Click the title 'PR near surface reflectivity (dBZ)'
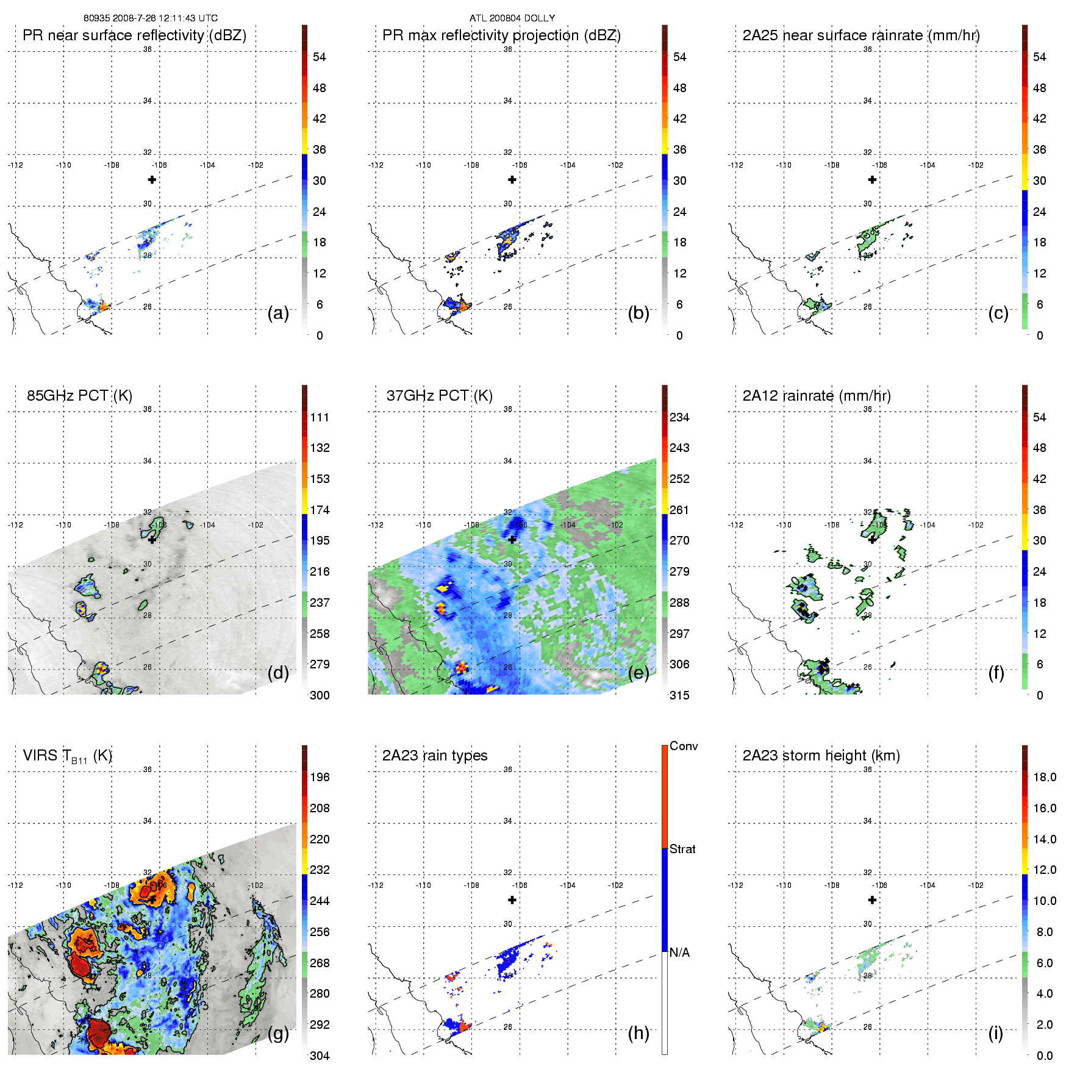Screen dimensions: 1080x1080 pyautogui.click(x=134, y=35)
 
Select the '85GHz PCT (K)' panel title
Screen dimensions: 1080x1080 pyautogui.click(x=79, y=396)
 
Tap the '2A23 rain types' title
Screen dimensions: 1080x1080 pyautogui.click(x=434, y=756)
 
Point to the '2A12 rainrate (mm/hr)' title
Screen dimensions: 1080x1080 pyautogui.click(x=816, y=396)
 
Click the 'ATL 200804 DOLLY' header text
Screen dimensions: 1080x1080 pyautogui.click(x=512, y=18)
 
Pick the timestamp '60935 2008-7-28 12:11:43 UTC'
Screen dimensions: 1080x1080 pyautogui.click(x=150, y=18)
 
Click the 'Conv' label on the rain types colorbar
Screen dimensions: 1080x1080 pyautogui.click(x=683, y=746)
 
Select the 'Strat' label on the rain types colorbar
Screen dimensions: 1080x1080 pyautogui.click(x=682, y=849)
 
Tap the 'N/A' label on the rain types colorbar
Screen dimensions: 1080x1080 pyautogui.click(x=679, y=953)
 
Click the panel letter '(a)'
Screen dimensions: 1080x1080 pyautogui.click(x=277, y=313)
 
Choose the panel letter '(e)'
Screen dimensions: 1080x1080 pyautogui.click(x=638, y=673)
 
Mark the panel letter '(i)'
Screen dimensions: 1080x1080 pyautogui.click(x=995, y=1033)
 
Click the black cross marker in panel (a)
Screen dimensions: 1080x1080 pyautogui.click(x=152, y=179)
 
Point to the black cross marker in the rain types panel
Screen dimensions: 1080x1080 pyautogui.click(x=512, y=899)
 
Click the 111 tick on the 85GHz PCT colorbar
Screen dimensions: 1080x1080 pyautogui.click(x=320, y=417)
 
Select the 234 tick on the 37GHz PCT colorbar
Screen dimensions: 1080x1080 pyautogui.click(x=679, y=417)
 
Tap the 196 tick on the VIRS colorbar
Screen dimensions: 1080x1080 pyautogui.click(x=320, y=777)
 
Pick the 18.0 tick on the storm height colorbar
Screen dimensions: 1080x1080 pyautogui.click(x=1044, y=777)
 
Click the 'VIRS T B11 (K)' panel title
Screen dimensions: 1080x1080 pyautogui.click(x=67, y=756)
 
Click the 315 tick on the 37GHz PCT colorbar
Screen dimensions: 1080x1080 pyautogui.click(x=679, y=695)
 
